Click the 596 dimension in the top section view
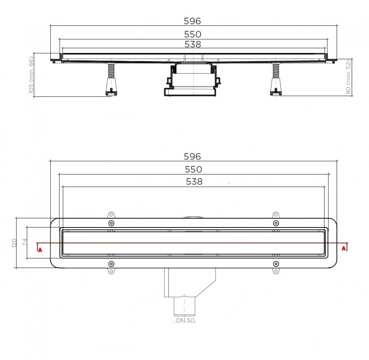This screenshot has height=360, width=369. [x=193, y=21]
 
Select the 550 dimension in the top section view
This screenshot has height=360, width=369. [x=193, y=34]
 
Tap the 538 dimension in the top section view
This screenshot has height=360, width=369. [x=193, y=44]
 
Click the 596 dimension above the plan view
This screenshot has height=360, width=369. [x=193, y=157]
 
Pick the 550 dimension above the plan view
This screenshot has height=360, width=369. [x=194, y=169]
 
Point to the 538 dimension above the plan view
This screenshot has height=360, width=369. [x=194, y=182]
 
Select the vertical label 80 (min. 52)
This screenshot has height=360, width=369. [x=348, y=77]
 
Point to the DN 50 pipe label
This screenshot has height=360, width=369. [x=185, y=321]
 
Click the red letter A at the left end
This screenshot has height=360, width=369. [x=40, y=250]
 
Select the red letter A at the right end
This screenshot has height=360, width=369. [x=344, y=248]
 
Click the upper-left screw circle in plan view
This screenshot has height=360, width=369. [x=111, y=223]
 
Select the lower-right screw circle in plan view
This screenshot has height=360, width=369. [x=276, y=264]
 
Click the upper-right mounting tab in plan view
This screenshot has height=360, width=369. [x=276, y=215]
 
